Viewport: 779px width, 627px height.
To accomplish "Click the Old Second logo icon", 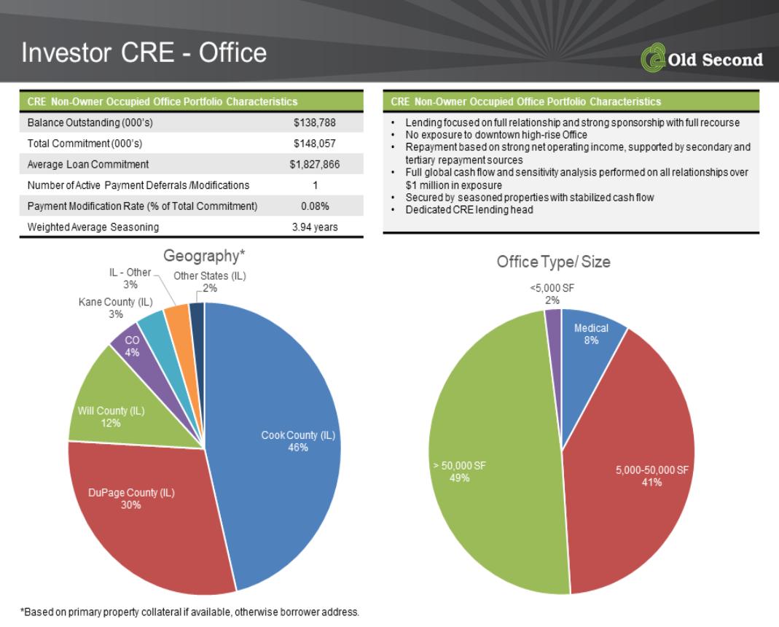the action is (x=653, y=58).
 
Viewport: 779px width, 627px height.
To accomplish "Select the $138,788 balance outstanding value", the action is (x=315, y=122).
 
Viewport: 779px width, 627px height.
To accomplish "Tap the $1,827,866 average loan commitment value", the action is (x=315, y=164).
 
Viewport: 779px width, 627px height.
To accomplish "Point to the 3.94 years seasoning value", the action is (x=315, y=227).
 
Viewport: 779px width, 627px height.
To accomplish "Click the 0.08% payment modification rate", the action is (x=315, y=206).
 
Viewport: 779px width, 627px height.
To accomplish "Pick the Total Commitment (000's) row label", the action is (x=85, y=143).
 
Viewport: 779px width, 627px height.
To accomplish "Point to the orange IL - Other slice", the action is (x=179, y=323).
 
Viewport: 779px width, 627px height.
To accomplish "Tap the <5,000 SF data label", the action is (x=552, y=294).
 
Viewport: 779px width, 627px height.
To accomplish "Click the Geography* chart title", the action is (x=204, y=256).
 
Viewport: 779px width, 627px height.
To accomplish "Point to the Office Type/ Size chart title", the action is (x=553, y=262).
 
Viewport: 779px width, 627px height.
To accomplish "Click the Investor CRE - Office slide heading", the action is (x=144, y=52).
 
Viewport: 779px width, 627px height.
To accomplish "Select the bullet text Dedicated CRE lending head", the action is (x=469, y=210).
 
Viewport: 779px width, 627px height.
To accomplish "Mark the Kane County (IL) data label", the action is (x=115, y=308).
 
